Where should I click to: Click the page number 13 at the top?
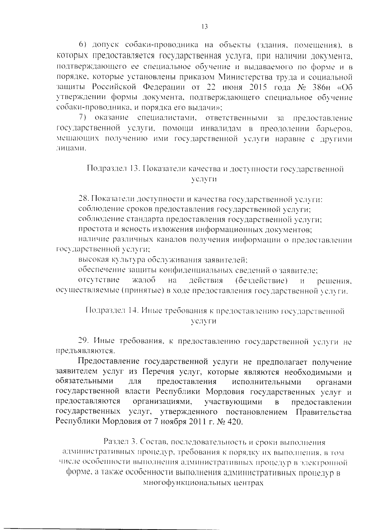pos(205,27)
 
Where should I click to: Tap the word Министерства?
pos(244,77)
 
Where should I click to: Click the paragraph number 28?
pos(82,199)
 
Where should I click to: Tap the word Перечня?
pos(158,372)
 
